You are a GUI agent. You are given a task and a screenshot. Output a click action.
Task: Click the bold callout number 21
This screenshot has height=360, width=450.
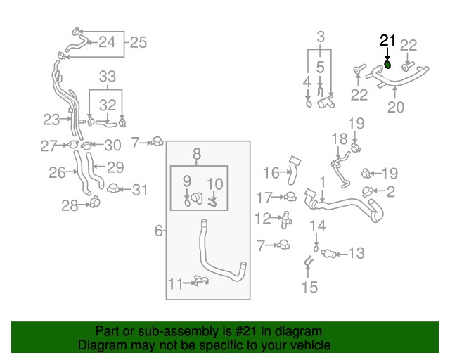387,41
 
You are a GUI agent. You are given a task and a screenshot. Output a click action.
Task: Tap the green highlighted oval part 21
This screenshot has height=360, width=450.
387,65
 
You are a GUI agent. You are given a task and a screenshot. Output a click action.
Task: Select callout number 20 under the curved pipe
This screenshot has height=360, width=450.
396,107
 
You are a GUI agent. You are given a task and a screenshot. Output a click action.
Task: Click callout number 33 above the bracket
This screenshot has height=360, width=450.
108,77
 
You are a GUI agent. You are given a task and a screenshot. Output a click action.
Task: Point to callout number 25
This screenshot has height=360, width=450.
139,42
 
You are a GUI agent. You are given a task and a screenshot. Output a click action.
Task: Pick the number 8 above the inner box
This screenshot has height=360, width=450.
197,154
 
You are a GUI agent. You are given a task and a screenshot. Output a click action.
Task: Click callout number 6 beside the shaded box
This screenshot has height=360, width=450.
159,231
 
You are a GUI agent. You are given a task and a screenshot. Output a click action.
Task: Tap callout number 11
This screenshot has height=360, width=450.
176,283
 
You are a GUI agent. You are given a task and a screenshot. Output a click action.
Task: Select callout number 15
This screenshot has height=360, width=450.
310,287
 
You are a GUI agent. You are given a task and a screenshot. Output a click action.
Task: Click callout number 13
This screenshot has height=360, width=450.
356,253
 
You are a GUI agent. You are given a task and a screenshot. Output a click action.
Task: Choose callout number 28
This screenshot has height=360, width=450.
70,205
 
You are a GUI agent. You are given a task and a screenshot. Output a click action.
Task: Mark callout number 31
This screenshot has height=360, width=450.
140,190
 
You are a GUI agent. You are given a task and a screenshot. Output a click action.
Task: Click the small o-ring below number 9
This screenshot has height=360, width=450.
187,202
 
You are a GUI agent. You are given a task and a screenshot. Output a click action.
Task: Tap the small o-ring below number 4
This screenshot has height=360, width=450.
309,103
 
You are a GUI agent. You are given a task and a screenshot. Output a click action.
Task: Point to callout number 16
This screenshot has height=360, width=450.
271,173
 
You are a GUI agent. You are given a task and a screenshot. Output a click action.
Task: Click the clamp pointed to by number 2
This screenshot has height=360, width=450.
367,191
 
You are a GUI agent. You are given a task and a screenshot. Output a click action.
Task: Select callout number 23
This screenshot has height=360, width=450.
51,120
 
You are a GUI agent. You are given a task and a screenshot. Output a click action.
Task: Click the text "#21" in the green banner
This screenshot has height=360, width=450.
245,332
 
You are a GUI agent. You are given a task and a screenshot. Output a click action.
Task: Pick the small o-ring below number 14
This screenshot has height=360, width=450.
316,248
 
